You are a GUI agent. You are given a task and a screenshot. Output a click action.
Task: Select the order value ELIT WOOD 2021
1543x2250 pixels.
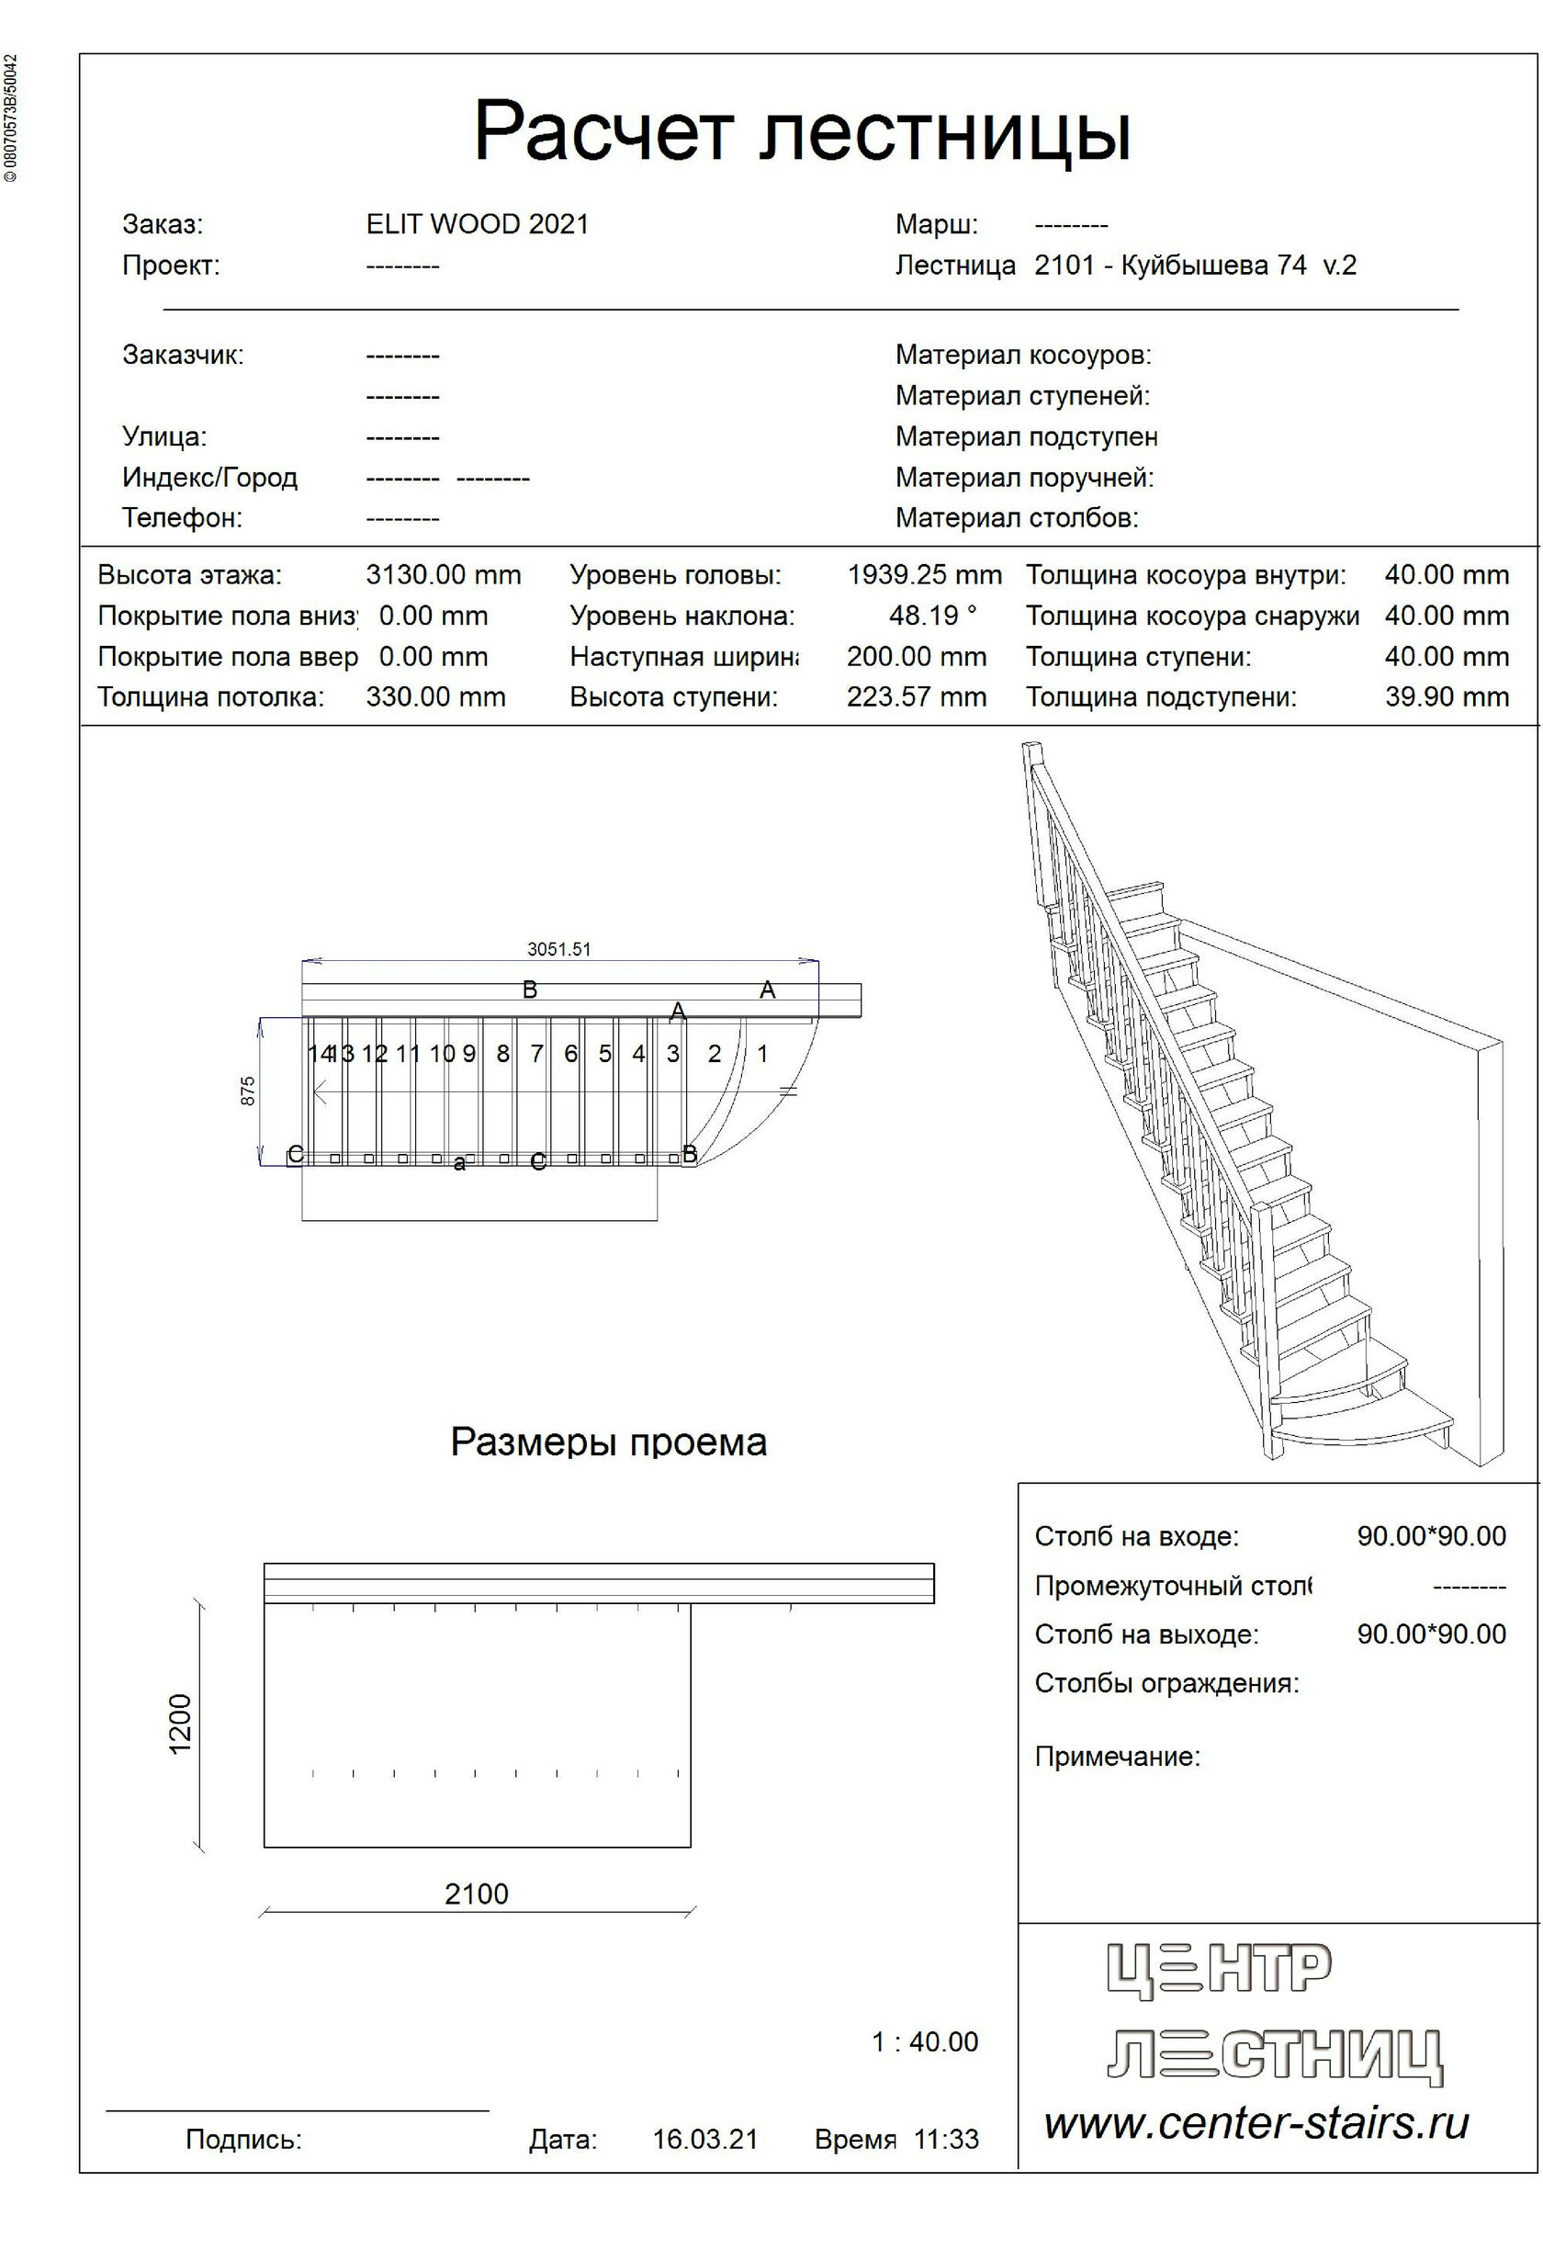478,224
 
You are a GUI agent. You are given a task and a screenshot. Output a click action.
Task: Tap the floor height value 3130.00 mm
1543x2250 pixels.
444,575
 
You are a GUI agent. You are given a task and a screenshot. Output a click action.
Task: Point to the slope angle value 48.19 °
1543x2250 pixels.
933,616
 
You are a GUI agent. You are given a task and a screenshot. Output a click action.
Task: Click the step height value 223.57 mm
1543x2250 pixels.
917,697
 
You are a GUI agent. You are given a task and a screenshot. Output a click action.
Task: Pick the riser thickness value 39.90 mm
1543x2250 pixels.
1447,697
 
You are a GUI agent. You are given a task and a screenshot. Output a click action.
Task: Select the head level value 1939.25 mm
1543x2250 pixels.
925,575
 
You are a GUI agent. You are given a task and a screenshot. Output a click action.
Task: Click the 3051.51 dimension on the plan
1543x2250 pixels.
558,950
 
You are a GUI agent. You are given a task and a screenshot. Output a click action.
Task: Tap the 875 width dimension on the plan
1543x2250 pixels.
248,1091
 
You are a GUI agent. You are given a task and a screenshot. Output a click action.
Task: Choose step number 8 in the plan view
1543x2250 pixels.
502,1054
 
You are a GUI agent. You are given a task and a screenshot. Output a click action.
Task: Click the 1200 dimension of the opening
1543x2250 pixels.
181,1724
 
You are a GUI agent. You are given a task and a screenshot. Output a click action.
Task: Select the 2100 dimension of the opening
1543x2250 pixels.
477,1894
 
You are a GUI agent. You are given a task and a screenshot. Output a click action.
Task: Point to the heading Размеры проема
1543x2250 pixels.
608,1442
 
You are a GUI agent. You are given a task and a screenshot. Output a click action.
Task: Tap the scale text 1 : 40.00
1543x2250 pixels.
925,2041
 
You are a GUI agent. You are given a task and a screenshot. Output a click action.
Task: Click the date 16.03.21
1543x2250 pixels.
704,2140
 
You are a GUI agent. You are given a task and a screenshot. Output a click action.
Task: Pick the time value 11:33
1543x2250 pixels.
946,2140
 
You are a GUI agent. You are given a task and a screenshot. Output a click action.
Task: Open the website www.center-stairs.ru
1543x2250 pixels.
1256,2123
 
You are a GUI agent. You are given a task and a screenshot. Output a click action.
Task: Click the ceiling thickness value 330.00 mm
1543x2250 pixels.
435,697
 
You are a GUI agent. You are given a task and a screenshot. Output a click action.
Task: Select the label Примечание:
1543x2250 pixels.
1117,1758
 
